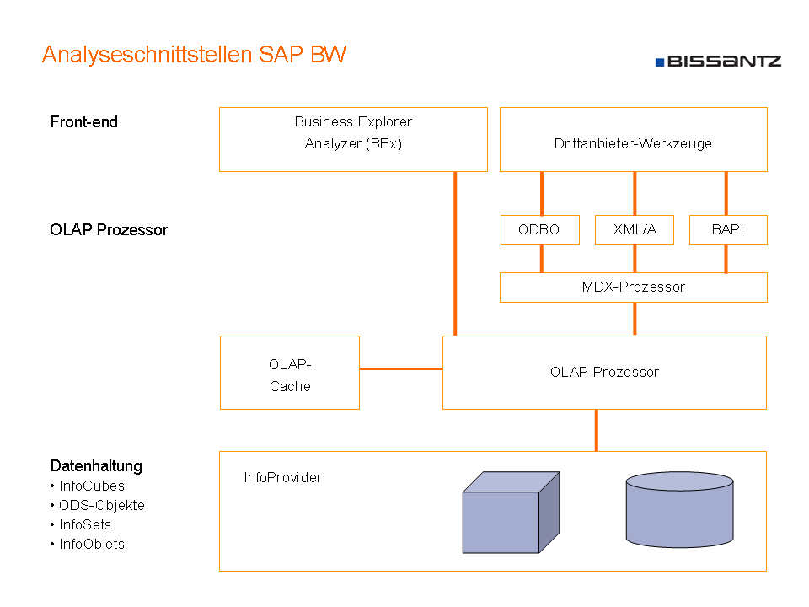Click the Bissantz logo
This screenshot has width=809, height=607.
click(718, 62)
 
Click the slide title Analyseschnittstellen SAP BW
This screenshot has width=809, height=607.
click(194, 55)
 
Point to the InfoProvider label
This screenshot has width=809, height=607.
click(283, 477)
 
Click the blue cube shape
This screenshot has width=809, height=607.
click(511, 512)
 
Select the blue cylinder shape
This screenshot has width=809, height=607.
click(679, 509)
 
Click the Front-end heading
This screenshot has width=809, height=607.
click(84, 121)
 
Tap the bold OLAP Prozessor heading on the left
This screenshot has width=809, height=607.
click(109, 229)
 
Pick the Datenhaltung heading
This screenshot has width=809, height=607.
click(96, 465)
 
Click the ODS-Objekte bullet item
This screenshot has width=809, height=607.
click(98, 505)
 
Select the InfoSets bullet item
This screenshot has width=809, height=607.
click(81, 525)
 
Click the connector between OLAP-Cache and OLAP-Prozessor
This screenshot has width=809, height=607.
click(401, 368)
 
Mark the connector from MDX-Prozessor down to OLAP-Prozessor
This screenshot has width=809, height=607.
click(635, 319)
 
